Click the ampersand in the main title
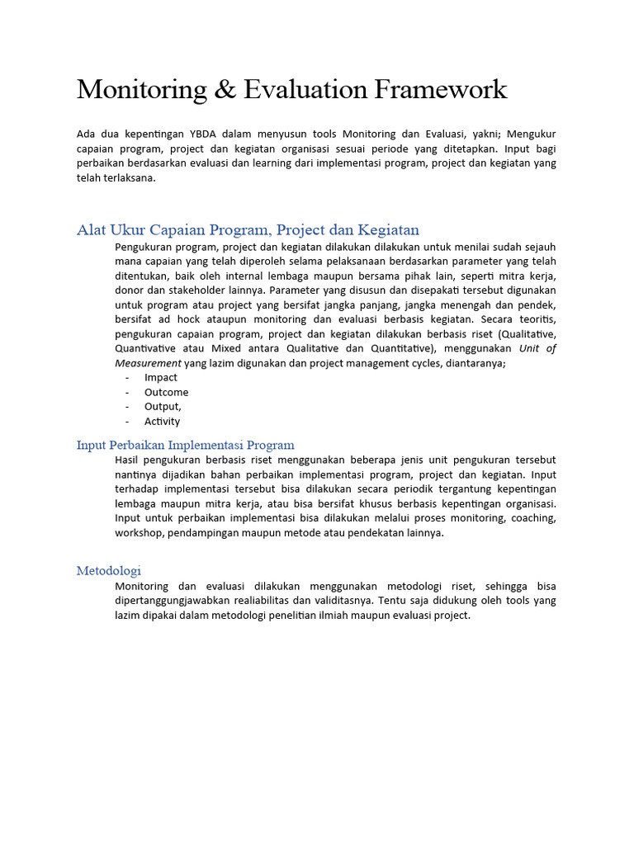pos(225,89)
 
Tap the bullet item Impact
pos(161,377)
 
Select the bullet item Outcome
pos(166,392)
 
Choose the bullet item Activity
pos(162,421)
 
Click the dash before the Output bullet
pos(127,406)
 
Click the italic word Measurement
pos(148,363)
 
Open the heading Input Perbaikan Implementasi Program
pos(185,445)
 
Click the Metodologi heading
pos(108,570)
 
